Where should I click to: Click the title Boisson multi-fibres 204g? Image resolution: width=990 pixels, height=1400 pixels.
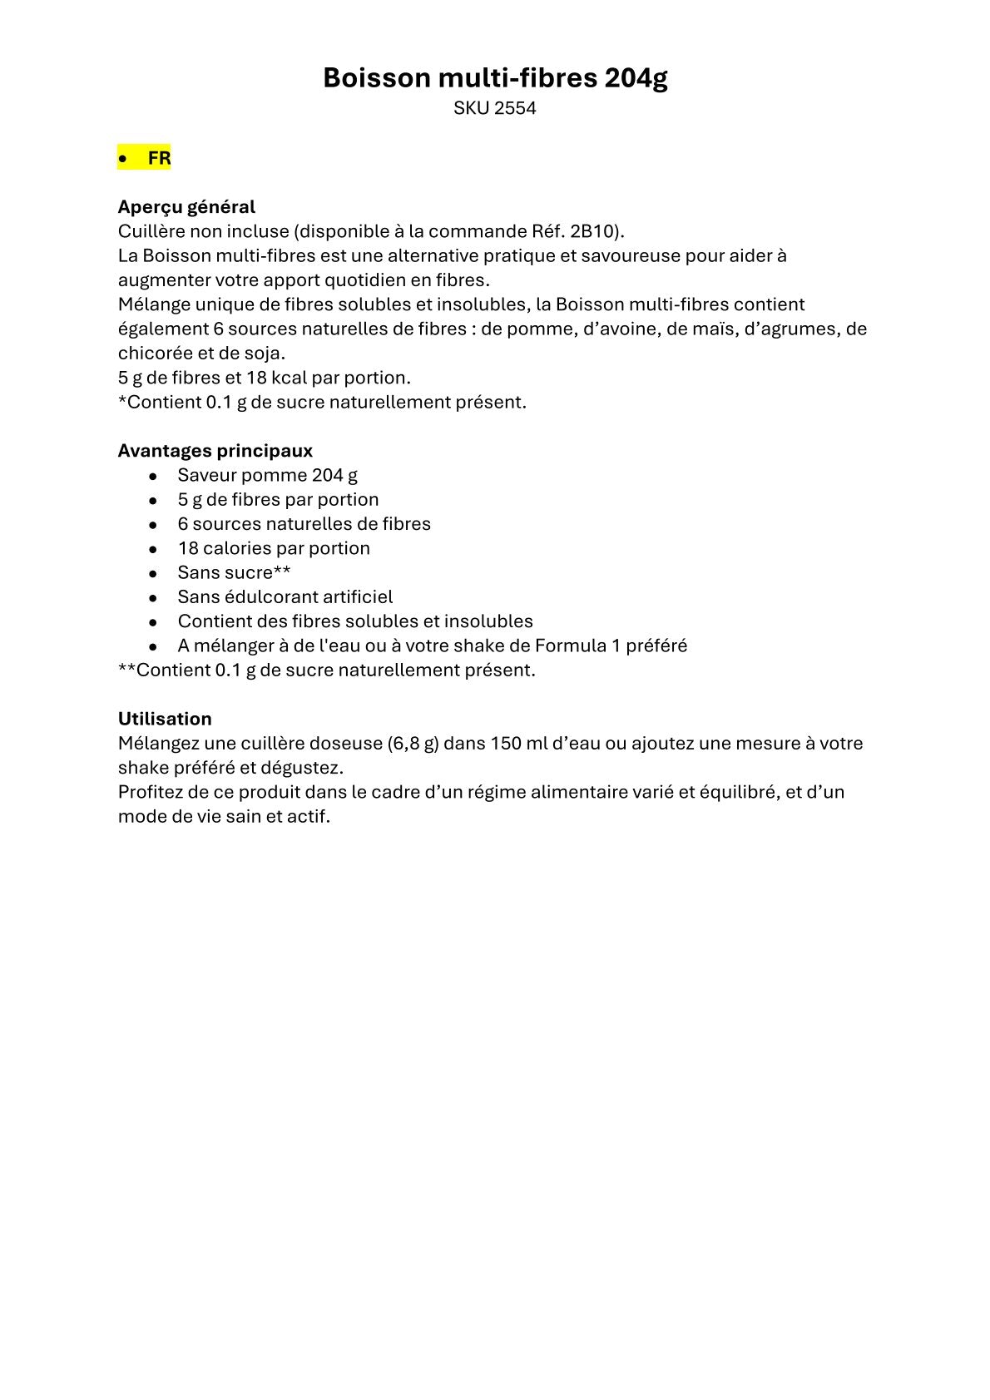pos(495,77)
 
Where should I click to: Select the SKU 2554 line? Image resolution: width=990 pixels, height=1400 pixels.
pos(495,108)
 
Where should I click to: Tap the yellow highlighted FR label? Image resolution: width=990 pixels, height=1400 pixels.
pos(158,158)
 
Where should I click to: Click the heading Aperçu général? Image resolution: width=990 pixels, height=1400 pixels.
pos(186,206)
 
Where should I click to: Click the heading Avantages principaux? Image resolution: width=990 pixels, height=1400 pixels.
pos(215,451)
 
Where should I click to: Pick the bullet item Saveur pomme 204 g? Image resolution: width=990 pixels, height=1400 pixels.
pos(267,475)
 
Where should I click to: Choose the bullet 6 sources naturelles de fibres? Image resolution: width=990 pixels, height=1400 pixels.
pos(304,524)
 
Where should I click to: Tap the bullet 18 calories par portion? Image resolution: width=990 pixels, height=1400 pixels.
pos(274,548)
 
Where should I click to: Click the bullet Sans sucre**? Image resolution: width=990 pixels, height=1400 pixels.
pos(234,572)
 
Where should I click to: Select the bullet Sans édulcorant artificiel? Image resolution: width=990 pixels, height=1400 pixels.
pos(285,596)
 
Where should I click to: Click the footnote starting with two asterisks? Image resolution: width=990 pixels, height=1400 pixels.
pos(326,670)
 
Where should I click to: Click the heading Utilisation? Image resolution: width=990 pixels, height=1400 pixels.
pos(165,719)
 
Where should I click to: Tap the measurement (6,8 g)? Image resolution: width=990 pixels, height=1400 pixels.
pos(413,743)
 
